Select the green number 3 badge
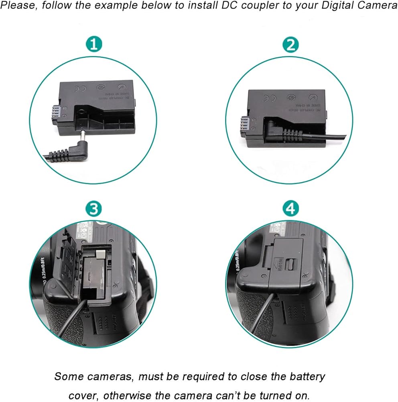tap(94, 209)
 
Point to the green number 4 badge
tap(290, 209)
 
